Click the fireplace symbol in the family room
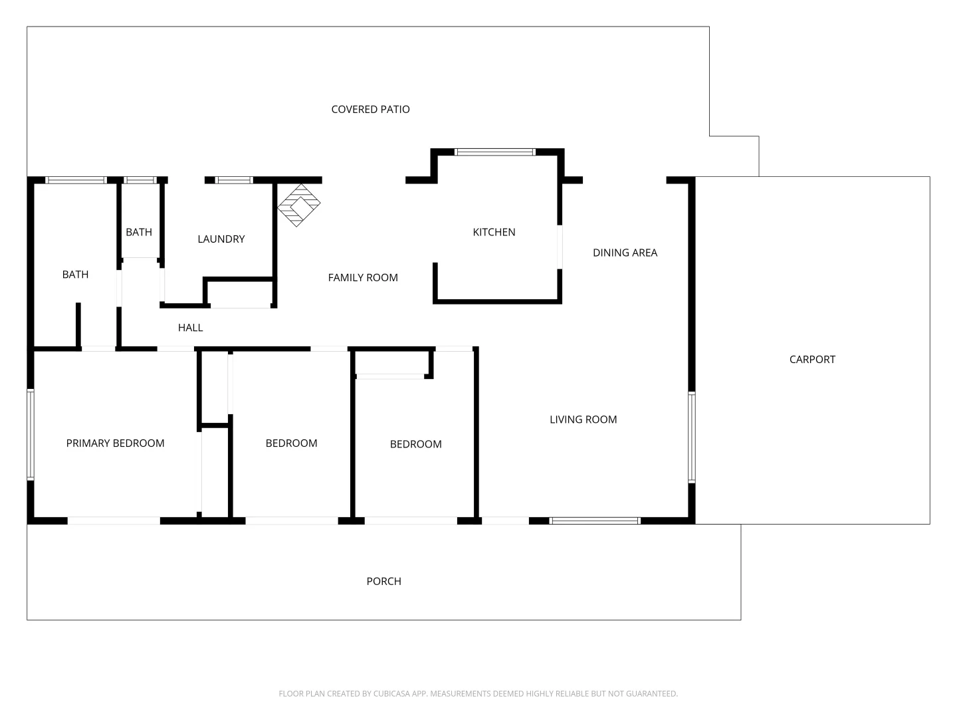[x=298, y=205]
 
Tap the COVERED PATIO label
[x=370, y=109]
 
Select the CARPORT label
[x=812, y=359]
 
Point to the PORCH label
[x=383, y=581]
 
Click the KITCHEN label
[x=494, y=232]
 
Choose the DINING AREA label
[x=625, y=253]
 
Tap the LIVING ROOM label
[x=583, y=419]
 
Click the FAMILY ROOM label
[x=363, y=278]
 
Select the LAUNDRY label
[x=221, y=239]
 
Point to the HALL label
[x=190, y=328]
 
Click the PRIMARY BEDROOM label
[x=115, y=443]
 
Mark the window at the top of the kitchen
[x=494, y=152]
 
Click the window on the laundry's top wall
[x=235, y=180]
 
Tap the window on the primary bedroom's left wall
[x=31, y=434]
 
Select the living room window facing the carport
[x=691, y=437]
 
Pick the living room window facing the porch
[x=595, y=521]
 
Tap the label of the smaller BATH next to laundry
[x=139, y=232]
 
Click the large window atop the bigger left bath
[x=76, y=180]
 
